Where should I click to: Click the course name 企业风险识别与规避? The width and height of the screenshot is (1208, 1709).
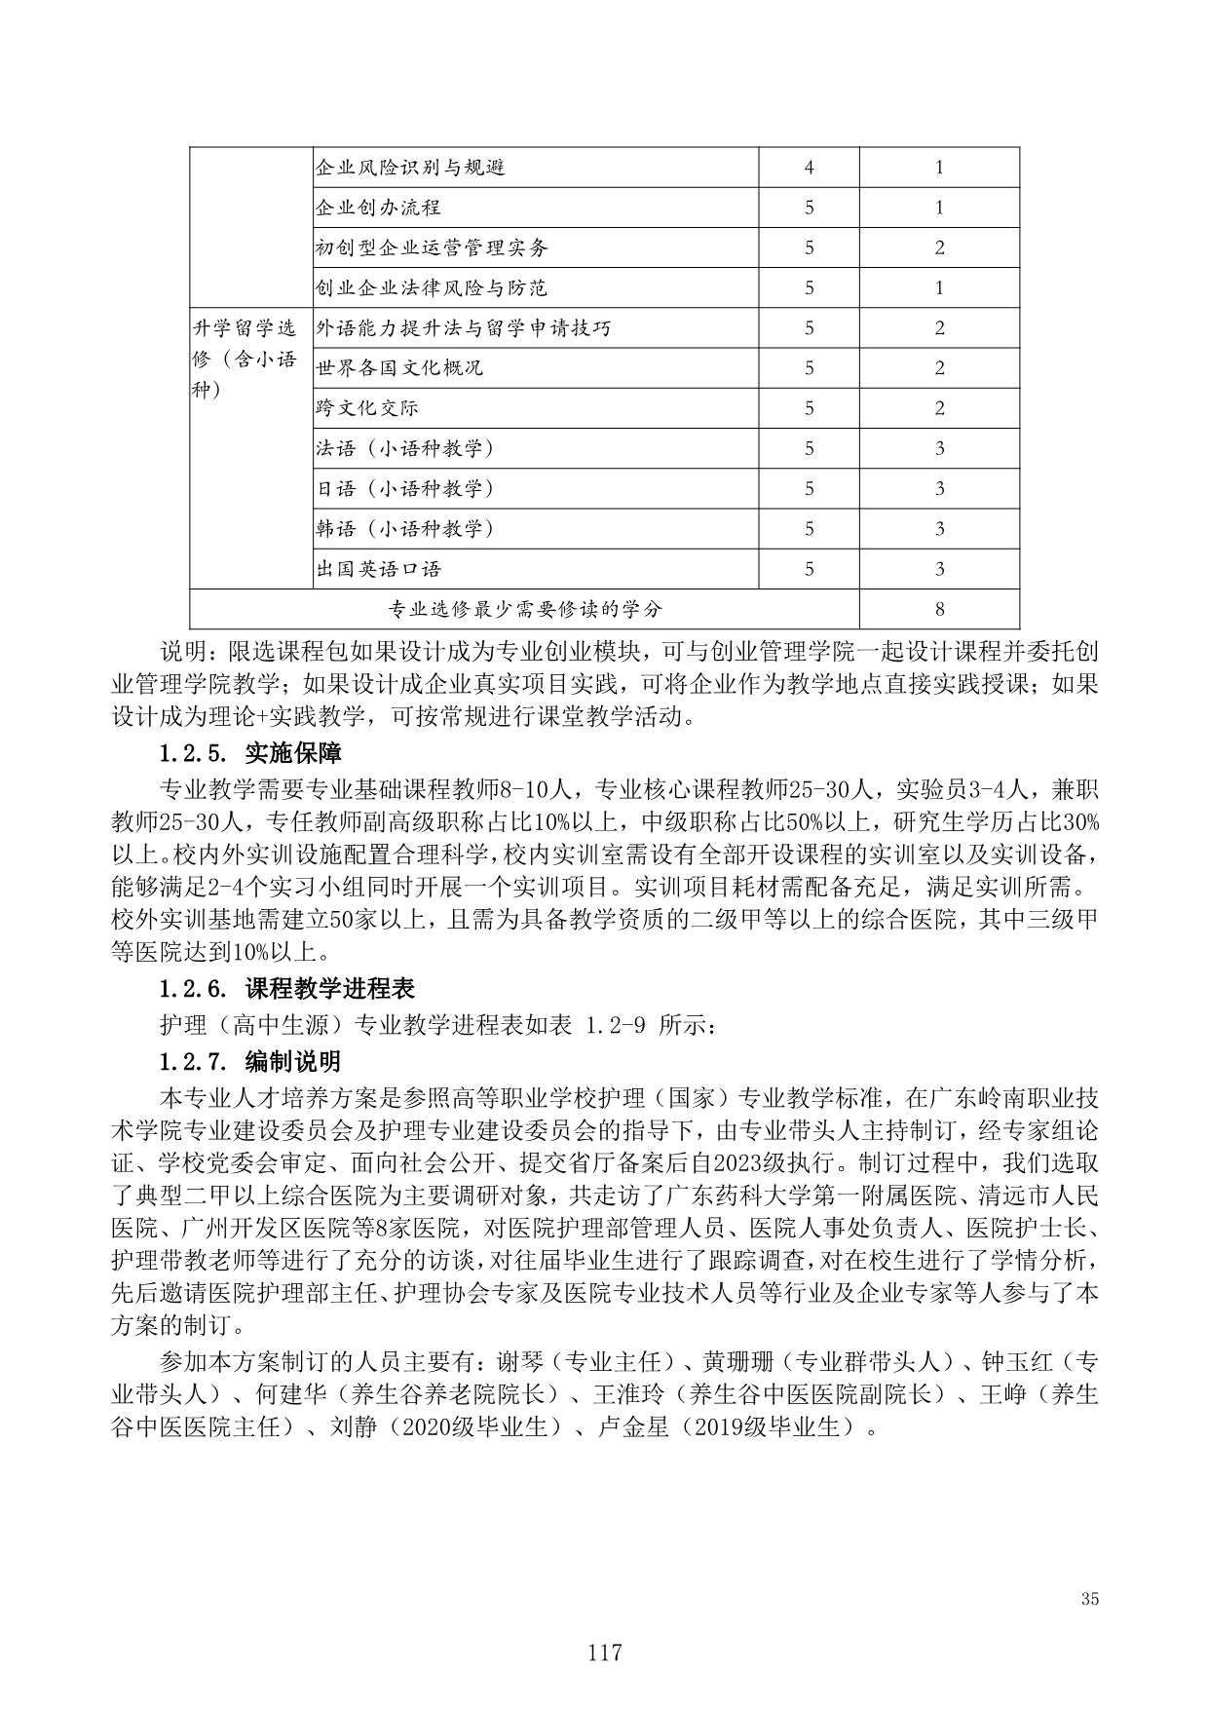[x=410, y=168]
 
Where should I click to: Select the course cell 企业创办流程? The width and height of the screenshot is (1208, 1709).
[x=378, y=208]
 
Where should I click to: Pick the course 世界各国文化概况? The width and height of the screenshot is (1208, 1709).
[x=399, y=368]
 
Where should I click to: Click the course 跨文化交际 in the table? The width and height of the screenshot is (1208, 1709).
[x=367, y=408]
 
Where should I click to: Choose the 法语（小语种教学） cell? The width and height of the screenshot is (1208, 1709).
[x=404, y=448]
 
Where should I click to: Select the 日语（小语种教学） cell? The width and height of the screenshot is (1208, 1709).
[x=404, y=488]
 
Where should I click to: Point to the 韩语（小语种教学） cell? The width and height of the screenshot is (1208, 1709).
[x=404, y=529]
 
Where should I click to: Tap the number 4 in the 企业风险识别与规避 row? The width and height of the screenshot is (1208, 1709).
[x=809, y=168]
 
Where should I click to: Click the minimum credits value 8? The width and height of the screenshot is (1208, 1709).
[x=939, y=610]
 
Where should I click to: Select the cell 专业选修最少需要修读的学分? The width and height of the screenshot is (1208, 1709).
[x=524, y=610]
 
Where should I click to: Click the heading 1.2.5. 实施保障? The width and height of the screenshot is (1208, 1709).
[x=250, y=753]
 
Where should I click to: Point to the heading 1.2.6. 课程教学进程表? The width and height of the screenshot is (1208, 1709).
[x=287, y=989]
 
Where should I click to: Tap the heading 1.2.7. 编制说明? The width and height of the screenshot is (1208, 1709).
[x=250, y=1060]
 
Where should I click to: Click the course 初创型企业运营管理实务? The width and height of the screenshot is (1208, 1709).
[x=432, y=247]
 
